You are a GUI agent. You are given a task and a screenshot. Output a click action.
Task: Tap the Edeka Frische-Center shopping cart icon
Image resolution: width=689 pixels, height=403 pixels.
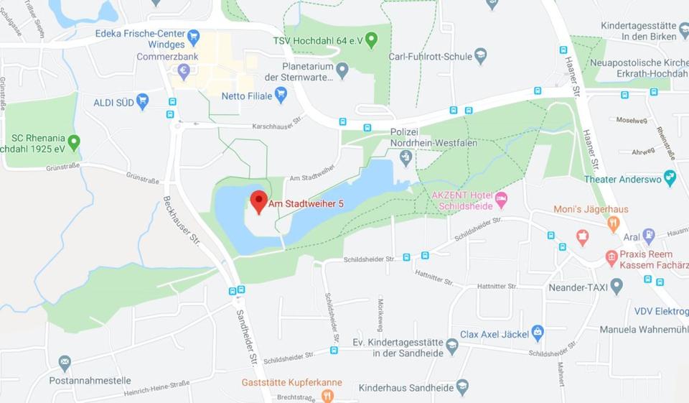(192, 36)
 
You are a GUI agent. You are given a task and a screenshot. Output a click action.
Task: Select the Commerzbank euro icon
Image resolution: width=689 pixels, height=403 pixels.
(184, 71)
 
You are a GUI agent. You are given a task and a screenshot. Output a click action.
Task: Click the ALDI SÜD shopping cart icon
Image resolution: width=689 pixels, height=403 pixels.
(142, 101)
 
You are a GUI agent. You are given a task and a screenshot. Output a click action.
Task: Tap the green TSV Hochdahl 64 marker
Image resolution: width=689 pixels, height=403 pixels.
(371, 40)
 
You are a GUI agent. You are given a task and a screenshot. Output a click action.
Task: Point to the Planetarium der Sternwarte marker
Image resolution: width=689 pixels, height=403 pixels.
(342, 70)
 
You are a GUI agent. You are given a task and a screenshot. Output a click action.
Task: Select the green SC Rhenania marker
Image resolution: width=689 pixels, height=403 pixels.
(73, 142)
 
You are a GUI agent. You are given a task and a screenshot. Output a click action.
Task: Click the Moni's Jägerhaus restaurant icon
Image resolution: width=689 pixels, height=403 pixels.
(613, 223)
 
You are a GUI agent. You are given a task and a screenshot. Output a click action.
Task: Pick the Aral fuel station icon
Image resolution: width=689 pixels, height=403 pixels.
(649, 235)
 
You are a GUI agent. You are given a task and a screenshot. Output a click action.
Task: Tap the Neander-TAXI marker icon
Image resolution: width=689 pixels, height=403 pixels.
(616, 286)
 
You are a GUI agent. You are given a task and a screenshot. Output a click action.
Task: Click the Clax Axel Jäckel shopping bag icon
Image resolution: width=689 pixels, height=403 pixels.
(538, 333)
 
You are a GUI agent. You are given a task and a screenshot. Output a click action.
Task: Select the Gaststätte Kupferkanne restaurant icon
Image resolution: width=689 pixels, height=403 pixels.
(328, 396)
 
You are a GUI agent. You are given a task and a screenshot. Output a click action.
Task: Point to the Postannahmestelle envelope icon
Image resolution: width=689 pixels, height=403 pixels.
(65, 363)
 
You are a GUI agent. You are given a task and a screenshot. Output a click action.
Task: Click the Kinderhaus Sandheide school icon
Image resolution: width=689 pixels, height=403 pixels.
(462, 387)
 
